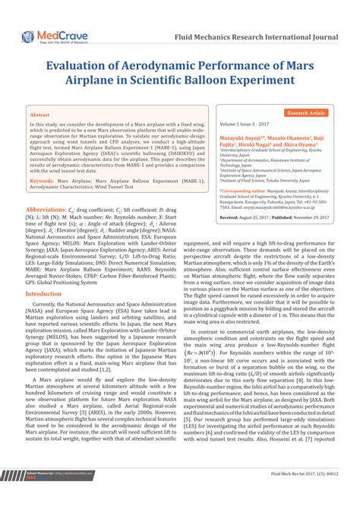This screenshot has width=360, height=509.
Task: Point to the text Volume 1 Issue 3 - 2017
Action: point(247,123)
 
